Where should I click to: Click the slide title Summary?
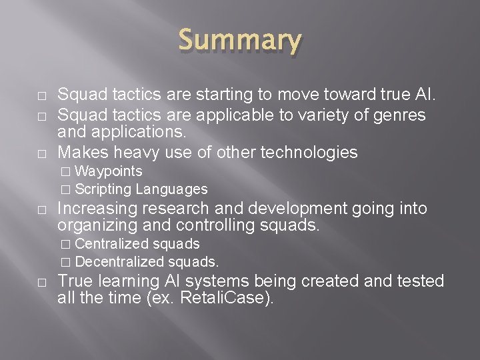coord(239,41)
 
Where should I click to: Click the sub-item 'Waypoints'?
coord(109,172)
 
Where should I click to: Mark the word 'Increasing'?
coord(95,209)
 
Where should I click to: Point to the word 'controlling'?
coord(222,226)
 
